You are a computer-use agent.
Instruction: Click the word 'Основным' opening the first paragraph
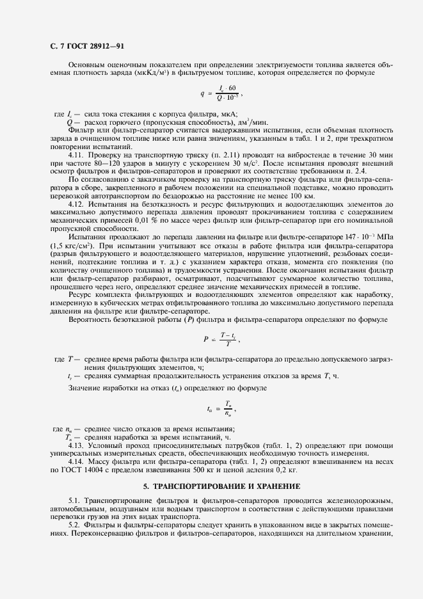click(x=85, y=65)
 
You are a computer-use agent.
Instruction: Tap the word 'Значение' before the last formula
click(x=84, y=387)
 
